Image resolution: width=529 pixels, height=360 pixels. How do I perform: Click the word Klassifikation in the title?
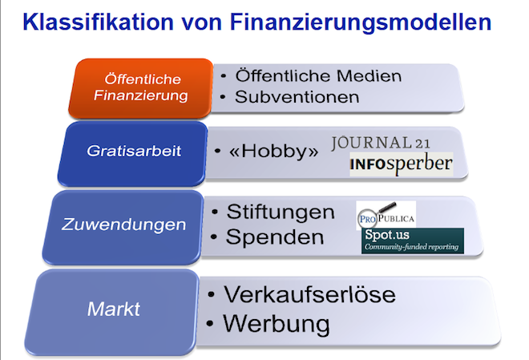click(x=98, y=22)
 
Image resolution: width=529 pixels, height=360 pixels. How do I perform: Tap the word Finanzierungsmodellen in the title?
click(x=361, y=23)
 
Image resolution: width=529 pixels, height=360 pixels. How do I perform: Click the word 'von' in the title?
click(x=202, y=23)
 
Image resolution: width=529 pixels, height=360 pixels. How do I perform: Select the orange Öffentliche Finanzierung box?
click(x=141, y=88)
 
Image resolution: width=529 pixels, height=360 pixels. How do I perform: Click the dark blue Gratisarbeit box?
click(x=133, y=154)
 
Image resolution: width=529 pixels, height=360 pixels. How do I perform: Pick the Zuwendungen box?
click(x=123, y=227)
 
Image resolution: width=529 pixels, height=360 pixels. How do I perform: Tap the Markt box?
click(x=112, y=312)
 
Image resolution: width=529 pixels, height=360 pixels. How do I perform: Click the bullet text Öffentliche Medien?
click(x=318, y=75)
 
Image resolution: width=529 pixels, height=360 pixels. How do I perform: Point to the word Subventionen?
click(x=297, y=97)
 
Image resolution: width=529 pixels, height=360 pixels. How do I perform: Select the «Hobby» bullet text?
click(x=273, y=151)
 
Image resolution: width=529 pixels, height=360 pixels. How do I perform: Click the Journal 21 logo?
click(x=381, y=143)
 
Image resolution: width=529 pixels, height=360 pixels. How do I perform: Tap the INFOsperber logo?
click(x=401, y=164)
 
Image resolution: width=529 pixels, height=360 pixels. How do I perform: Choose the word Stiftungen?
click(x=281, y=212)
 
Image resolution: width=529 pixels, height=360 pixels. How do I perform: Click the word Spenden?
click(x=275, y=237)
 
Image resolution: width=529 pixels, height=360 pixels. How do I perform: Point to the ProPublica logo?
click(x=386, y=215)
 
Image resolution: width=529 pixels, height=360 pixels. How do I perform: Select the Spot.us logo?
click(x=413, y=241)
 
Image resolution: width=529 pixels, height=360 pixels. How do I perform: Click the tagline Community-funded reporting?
click(x=411, y=247)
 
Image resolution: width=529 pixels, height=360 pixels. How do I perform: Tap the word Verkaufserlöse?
click(x=309, y=294)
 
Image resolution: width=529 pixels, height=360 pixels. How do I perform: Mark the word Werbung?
click(x=277, y=324)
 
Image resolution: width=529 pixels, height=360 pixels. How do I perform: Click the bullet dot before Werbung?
click(x=210, y=324)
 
